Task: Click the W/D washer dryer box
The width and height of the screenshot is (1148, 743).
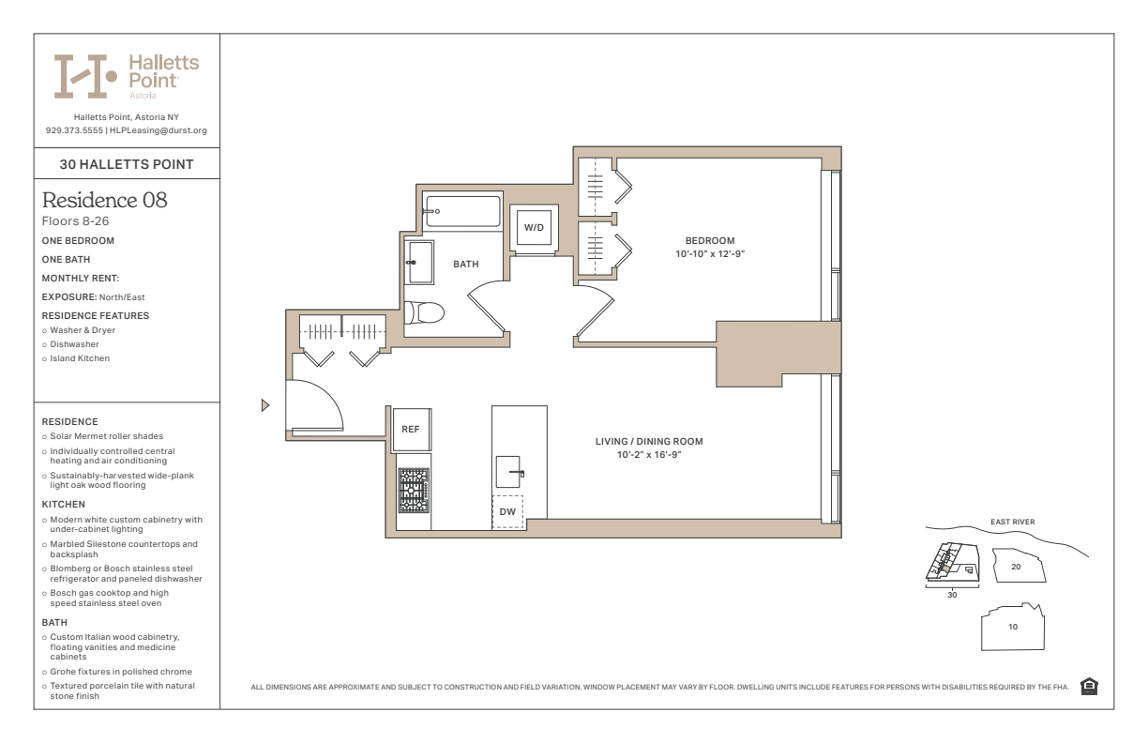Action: coord(534,228)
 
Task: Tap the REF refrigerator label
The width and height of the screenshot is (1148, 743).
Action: coord(410,429)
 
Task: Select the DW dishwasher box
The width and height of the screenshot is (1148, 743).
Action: coord(507,511)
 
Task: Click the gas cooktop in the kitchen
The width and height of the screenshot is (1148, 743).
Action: coord(414,491)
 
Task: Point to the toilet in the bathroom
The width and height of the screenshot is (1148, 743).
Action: coord(424,312)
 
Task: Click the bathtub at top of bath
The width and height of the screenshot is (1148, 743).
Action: coord(462,211)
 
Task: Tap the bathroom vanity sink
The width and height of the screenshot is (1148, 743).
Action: coord(419,263)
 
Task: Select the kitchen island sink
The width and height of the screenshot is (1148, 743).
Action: coord(508,472)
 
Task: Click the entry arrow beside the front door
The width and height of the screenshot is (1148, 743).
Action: coord(265,405)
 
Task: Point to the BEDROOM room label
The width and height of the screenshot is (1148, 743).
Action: coord(710,240)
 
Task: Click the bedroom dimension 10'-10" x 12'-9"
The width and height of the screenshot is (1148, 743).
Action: coord(710,254)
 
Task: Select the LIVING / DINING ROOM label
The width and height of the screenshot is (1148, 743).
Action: coord(649,442)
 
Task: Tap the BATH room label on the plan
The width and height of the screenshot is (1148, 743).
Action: coord(466,264)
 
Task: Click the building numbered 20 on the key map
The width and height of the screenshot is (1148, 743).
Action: coord(1019,566)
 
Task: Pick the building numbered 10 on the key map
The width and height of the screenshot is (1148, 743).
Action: coord(1013,627)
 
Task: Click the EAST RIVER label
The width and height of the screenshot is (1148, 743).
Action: coord(1013,522)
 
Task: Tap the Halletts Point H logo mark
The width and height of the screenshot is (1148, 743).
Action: coord(85,76)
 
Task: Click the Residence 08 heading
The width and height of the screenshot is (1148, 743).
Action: coord(104,200)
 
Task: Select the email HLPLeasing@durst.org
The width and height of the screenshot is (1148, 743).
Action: coord(159,130)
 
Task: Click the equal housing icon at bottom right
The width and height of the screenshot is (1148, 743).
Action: coord(1089,687)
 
